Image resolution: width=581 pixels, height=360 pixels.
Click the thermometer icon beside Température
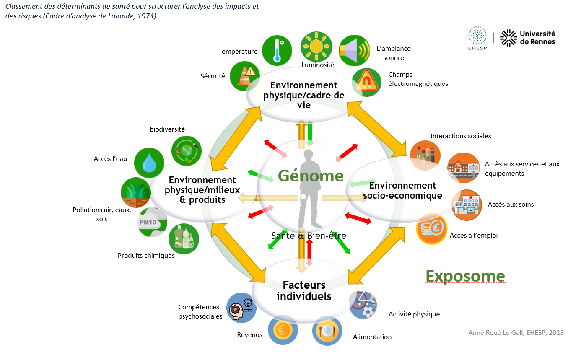click(x=277, y=50)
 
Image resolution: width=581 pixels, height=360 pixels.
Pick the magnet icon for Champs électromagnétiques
click(x=366, y=82)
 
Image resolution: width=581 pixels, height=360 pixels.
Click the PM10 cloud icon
click(x=152, y=222)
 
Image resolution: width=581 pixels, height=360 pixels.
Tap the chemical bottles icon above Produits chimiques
click(x=184, y=239)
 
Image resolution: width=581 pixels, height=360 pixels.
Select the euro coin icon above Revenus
click(x=283, y=330)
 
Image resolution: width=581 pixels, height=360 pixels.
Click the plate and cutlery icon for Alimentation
click(x=328, y=330)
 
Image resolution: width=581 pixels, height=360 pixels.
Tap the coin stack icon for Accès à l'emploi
click(x=431, y=229)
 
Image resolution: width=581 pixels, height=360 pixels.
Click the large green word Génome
click(x=311, y=176)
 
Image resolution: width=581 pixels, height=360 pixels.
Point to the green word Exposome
click(x=465, y=276)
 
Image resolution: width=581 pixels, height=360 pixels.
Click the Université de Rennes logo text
click(x=537, y=38)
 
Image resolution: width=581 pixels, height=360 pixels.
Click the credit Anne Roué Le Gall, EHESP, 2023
click(x=516, y=333)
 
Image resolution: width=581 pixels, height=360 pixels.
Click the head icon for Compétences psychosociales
click(x=241, y=307)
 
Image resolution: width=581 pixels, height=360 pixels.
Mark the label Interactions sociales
click(x=460, y=136)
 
